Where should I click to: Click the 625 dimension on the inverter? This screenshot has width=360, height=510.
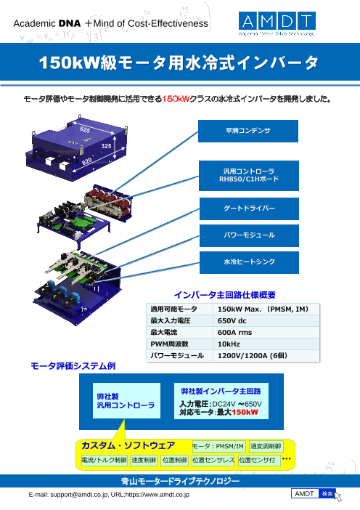[86, 129]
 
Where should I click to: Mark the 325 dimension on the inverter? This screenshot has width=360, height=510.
[107, 146]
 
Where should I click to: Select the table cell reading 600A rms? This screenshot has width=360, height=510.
[234, 332]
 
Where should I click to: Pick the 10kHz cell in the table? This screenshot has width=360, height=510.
[229, 344]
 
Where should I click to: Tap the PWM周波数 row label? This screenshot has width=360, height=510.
[168, 344]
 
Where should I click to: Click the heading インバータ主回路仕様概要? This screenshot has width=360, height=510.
[225, 295]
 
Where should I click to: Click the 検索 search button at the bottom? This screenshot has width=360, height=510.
[327, 494]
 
